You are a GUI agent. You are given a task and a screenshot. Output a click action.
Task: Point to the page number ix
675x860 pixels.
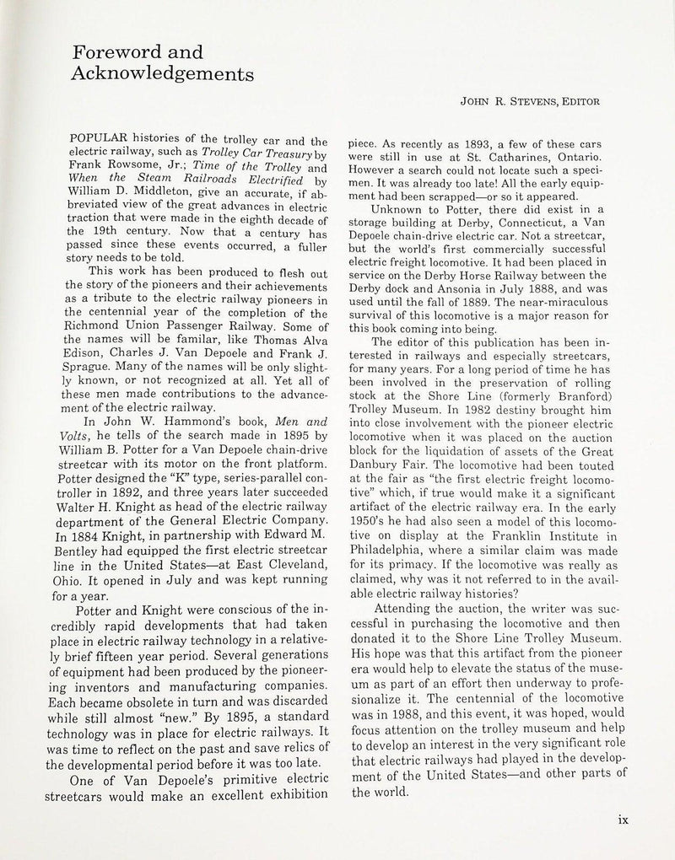pos(624,817)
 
